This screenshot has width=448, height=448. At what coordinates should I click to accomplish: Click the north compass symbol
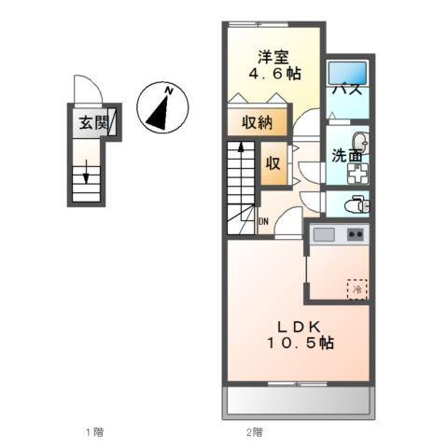tap(162, 105)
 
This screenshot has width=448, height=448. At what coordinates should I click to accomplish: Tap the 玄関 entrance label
tap(92, 122)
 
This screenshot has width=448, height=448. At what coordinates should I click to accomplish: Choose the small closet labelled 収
tap(273, 161)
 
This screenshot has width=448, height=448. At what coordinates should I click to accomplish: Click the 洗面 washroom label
tap(347, 156)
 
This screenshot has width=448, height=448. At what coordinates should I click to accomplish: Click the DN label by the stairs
tap(264, 222)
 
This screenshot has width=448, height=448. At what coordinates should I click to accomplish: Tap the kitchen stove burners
tap(356, 234)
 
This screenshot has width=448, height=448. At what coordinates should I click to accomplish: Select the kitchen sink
tap(325, 234)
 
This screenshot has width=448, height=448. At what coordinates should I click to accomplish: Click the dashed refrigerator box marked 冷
tap(357, 288)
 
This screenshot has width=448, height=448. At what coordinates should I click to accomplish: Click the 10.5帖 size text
tap(298, 343)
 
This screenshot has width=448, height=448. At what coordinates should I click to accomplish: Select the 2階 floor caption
tap(254, 432)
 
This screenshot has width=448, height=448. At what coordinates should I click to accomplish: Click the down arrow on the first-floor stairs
tap(85, 174)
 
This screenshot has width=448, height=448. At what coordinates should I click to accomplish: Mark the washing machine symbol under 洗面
tap(357, 173)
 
